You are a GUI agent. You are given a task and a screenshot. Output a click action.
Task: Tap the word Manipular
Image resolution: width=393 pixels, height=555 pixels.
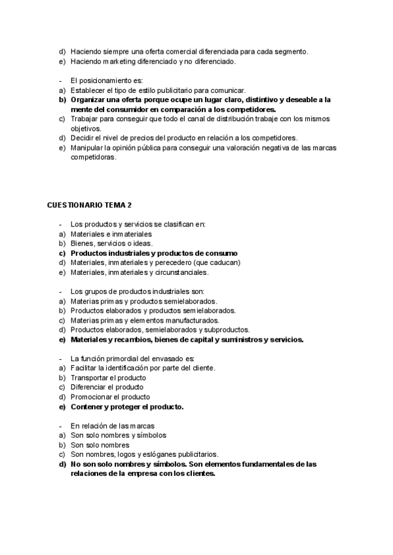tap(87, 148)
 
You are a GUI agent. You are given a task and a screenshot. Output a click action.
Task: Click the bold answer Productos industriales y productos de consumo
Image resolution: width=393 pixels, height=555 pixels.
tap(154, 253)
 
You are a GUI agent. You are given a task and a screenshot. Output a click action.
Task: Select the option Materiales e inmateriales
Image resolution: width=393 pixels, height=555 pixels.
tap(111, 234)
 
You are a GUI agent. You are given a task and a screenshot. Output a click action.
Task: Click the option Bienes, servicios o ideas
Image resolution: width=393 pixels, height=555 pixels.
tap(111, 243)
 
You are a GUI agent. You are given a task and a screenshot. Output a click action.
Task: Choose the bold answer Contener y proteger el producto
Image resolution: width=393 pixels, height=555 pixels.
tap(127, 406)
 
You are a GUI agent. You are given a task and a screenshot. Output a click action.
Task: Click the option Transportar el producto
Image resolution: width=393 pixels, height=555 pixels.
tap(108, 378)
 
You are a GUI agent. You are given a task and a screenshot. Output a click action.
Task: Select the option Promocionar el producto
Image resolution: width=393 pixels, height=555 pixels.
tap(111, 397)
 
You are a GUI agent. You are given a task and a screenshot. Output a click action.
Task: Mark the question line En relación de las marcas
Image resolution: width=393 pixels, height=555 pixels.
tap(113, 425)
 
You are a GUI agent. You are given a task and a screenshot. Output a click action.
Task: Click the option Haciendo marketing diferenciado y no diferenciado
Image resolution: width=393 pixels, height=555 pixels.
tap(153, 62)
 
